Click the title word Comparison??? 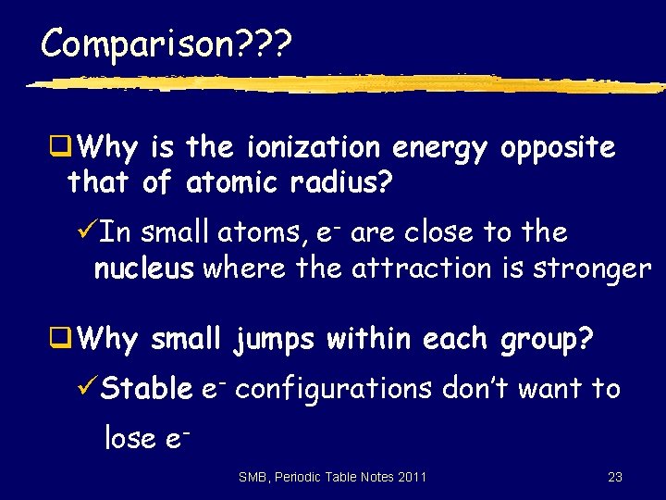(166, 44)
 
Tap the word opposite (557, 147)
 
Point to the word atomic (227, 183)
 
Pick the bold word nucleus (143, 269)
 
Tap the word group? (545, 340)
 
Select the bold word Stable (147, 389)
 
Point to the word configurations (334, 389)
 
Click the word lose (130, 437)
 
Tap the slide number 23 (615, 477)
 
